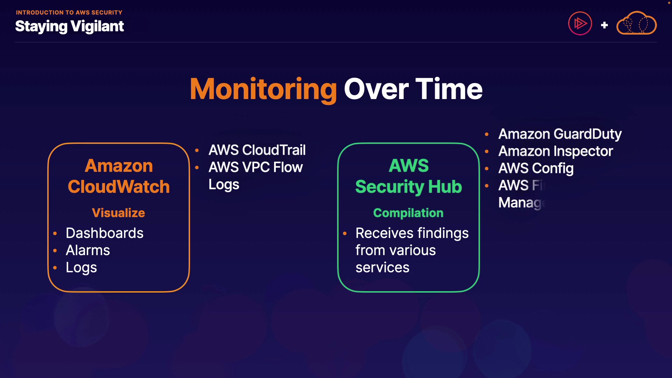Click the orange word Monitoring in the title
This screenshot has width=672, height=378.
pos(263,89)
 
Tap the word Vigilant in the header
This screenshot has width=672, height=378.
pos(97,27)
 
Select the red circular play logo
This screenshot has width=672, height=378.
pos(580,23)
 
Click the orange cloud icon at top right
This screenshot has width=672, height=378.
pos(636,23)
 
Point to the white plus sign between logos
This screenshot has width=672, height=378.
pos(604,25)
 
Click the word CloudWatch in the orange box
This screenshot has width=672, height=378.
pos(119,187)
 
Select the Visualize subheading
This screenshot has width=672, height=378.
pos(118,213)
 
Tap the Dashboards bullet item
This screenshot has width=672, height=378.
pos(104,233)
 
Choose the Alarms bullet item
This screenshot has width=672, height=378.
pos(88,250)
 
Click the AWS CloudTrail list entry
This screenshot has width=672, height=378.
pos(257,150)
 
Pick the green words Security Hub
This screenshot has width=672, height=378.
pos(408,187)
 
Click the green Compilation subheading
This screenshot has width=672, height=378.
pos(408,213)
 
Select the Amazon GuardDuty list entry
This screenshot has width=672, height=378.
pos(560,134)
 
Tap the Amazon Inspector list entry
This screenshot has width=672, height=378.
pos(555,151)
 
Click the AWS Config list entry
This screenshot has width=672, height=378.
pos(536,168)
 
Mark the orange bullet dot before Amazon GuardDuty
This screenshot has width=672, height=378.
pos(486,134)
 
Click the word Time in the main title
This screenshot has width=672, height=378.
pos(449,89)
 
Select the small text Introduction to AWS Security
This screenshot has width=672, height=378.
pos(69,13)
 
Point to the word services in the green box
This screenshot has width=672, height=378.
pos(382,267)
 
